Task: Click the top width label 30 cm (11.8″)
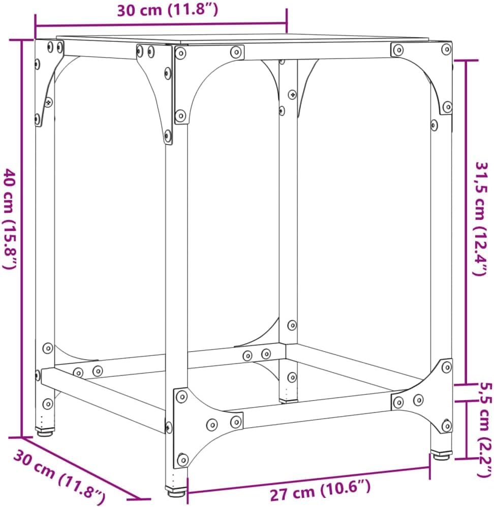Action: (168, 10)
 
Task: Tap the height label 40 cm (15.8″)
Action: (10, 218)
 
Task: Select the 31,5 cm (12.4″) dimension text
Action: (482, 218)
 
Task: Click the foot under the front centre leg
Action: (176, 492)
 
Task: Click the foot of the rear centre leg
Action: (288, 401)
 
